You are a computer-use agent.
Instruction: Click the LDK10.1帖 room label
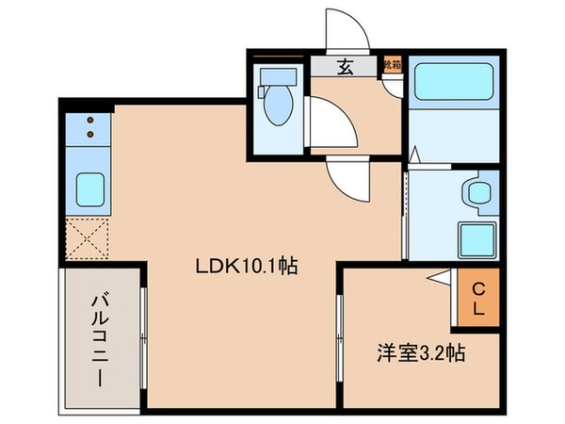pyautogui.click(x=246, y=267)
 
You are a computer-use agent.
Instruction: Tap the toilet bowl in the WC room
pyautogui.click(x=279, y=106)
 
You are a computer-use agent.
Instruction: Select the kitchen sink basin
pyautogui.click(x=89, y=189)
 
